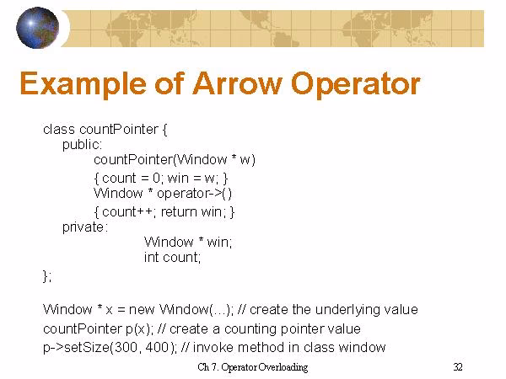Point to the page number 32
pos(458,366)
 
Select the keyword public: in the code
pos(82,144)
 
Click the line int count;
pos(172,258)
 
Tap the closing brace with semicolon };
pos(48,275)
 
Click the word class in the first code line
pos(59,130)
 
